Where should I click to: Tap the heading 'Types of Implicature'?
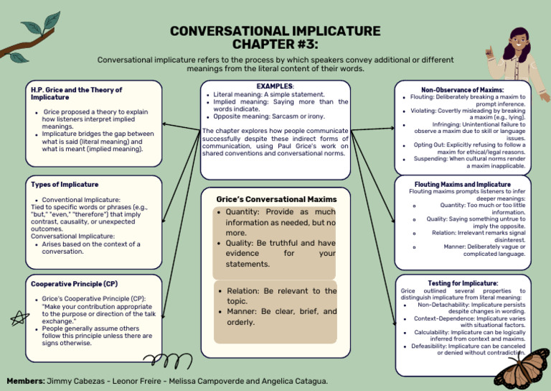coord(65,185)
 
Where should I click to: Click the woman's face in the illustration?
coord(518,50)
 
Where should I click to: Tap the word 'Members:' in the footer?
coord(25,380)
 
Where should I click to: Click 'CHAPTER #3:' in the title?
coord(275,45)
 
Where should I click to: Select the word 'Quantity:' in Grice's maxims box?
coord(248,212)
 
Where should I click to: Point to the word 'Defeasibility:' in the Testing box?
coord(428,346)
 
